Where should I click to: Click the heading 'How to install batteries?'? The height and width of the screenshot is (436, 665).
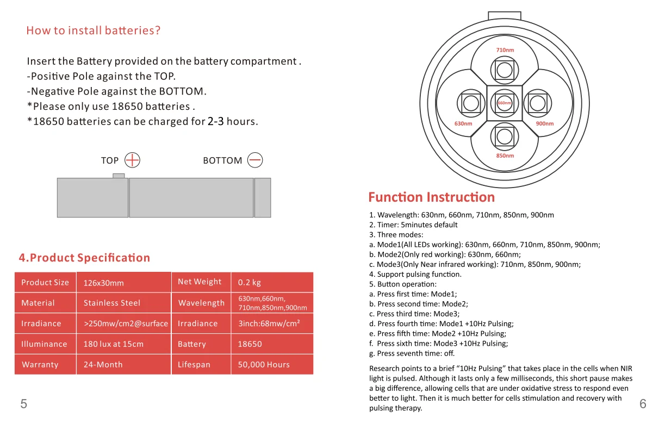tap(94, 30)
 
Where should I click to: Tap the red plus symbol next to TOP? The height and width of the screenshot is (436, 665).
tap(133, 160)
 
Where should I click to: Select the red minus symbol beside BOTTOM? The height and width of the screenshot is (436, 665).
tap(255, 160)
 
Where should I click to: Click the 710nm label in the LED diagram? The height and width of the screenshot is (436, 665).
tap(505, 50)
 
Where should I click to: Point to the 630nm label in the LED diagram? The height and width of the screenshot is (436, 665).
tap(463, 123)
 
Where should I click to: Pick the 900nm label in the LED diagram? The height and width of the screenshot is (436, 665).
tap(544, 123)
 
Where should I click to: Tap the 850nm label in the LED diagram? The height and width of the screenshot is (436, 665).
tap(505, 155)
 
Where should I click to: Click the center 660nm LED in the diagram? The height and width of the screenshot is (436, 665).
tap(505, 103)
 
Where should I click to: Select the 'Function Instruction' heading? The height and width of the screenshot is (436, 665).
tap(431, 197)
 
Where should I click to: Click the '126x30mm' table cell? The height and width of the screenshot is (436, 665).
tap(104, 283)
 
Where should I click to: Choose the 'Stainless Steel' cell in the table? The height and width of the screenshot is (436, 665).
tap(112, 303)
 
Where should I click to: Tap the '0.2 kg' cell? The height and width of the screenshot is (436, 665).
tap(250, 283)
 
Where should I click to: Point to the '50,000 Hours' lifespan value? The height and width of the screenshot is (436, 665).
tap(264, 365)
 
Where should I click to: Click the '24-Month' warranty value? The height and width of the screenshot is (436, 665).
tap(103, 365)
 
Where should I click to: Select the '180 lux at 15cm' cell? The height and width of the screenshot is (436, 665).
tap(114, 344)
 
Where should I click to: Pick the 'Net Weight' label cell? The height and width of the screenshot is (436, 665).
tap(200, 282)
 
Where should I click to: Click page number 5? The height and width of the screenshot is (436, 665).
tap(23, 403)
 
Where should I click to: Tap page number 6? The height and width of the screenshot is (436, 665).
tap(643, 403)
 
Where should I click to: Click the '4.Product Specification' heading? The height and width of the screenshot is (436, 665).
tap(84, 258)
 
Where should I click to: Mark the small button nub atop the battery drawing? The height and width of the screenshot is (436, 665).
tap(119, 176)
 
